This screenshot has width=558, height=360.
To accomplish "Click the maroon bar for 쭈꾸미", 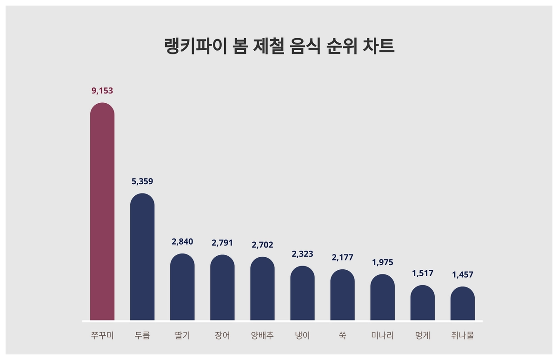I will point(102,212).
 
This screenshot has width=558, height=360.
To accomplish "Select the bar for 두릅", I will point(142,257).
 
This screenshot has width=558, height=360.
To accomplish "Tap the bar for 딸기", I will point(182,287).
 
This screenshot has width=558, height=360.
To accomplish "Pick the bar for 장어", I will point(222,287).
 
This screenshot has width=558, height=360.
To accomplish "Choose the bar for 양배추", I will point(262,288).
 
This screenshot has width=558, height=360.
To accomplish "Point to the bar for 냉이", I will point(302,293).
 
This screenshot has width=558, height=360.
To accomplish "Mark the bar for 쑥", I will point(342,295).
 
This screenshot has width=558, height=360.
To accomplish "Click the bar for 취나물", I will point(462,303).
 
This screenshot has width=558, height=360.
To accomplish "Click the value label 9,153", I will point(102,91).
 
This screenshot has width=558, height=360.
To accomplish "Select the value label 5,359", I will point(142,181).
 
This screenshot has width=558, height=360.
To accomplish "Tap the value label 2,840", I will point(182,241).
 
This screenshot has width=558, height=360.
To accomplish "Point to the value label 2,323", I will point(302,254).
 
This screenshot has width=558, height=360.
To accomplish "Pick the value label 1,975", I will point(382,262).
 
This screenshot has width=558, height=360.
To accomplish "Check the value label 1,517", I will point(422,273).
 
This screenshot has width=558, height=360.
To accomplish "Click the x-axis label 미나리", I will point(382,335).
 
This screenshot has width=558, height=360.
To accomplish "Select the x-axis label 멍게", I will point(422,335).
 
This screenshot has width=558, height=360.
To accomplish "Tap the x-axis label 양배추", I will point(262,335).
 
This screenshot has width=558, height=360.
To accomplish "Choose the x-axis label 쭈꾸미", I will point(102,335).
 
